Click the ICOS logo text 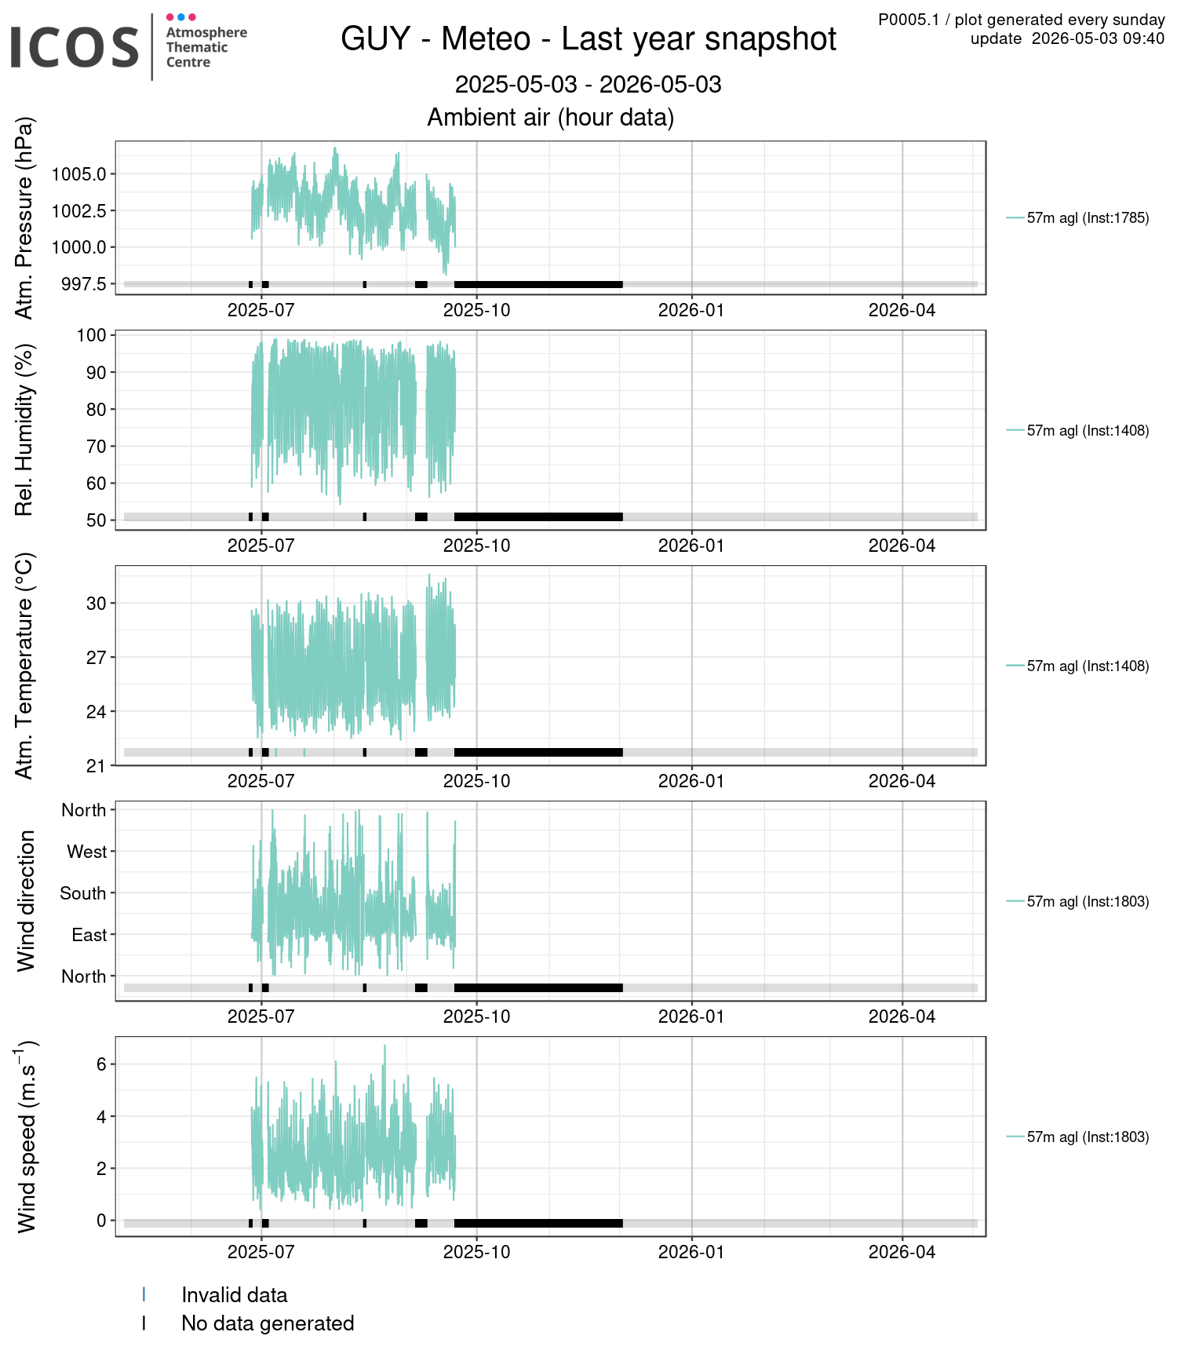click(75, 47)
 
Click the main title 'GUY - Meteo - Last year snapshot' click(588, 39)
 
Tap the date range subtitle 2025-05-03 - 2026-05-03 click(588, 85)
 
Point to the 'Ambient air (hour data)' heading click(551, 117)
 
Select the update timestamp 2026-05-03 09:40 click(1098, 39)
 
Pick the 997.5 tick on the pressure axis click(83, 284)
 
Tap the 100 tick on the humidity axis click(91, 335)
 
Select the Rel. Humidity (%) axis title click(24, 430)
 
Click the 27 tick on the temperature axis click(96, 658)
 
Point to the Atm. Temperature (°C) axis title click(24, 666)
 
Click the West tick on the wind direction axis click(86, 852)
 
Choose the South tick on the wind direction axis click(83, 893)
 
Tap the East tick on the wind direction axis click(89, 935)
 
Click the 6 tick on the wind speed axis click(101, 1064)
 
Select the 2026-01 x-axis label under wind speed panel click(691, 1252)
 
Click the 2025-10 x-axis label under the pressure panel click(476, 310)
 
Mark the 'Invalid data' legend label click(235, 1295)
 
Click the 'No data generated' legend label click(268, 1323)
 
